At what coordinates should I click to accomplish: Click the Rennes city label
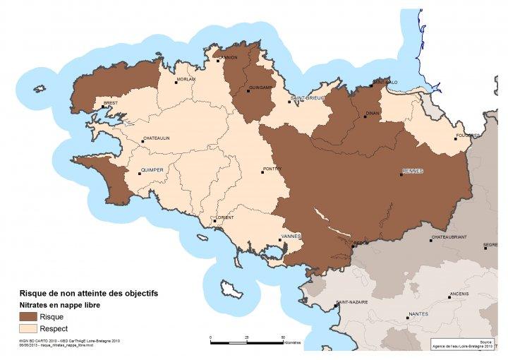[412, 172]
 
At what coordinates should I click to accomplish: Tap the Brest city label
[110, 102]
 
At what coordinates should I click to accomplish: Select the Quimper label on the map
[152, 170]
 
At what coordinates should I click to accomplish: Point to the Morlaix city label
[186, 79]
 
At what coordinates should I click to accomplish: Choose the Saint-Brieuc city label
[306, 99]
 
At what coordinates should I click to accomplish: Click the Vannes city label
[291, 236]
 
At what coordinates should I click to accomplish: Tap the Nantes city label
[418, 313]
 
